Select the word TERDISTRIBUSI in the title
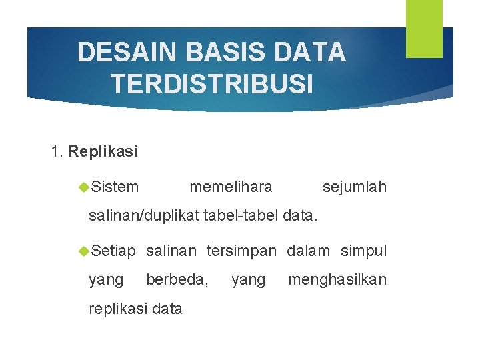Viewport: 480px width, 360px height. (211, 84)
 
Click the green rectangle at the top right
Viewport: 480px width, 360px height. (424, 28)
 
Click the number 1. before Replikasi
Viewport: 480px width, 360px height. (57, 151)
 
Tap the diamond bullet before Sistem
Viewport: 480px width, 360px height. (84, 187)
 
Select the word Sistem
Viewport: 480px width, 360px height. (115, 187)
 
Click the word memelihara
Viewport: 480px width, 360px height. (231, 187)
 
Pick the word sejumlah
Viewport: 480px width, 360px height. (354, 187)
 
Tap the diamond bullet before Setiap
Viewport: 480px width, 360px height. (84, 251)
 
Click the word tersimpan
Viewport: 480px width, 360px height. (241, 251)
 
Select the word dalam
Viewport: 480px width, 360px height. (308, 251)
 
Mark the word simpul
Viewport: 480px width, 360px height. (363, 251)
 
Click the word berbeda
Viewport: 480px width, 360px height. (177, 279)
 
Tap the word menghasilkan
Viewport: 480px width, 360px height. (337, 279)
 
